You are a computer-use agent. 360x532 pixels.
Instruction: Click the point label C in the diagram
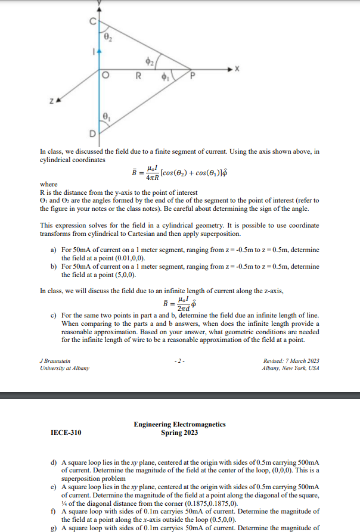click(x=92, y=22)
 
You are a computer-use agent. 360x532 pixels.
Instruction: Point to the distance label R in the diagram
click(x=138, y=76)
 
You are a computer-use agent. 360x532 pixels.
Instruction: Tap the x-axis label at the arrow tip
click(x=237, y=69)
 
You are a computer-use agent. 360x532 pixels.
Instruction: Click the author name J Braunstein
click(x=55, y=360)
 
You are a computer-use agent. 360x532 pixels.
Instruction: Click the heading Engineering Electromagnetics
click(x=179, y=424)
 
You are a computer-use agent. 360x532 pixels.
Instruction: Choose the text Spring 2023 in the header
click(x=179, y=433)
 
